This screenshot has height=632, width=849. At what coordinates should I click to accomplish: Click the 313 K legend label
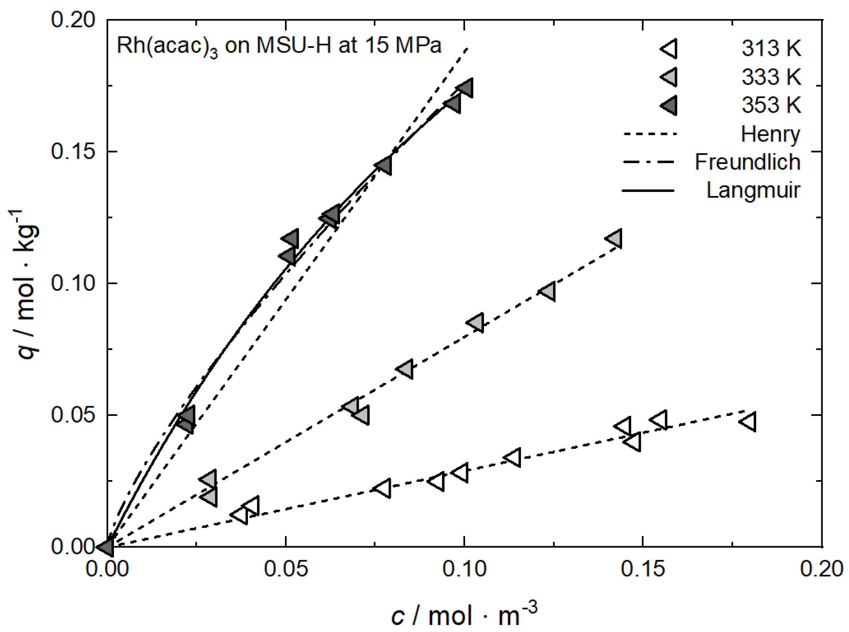771,49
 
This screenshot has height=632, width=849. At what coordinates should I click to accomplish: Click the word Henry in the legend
770,134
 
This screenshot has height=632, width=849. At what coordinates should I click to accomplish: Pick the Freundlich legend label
747,162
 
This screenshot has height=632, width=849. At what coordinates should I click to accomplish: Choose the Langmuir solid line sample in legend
649,190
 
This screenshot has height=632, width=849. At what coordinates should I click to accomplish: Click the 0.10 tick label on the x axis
464,569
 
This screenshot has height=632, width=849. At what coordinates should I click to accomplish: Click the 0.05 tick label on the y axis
73,415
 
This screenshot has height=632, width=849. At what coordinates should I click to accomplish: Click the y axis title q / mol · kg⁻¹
27,283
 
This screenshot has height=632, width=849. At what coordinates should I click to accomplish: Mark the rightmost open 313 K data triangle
748,422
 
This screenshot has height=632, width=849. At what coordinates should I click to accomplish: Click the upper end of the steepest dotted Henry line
467,49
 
